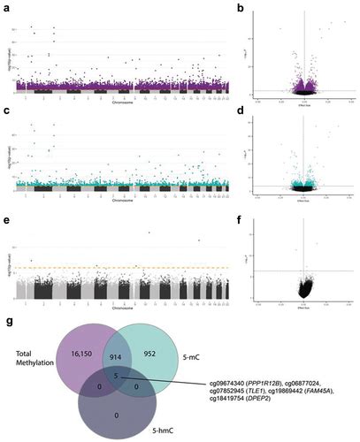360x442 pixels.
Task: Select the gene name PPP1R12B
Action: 271,377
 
